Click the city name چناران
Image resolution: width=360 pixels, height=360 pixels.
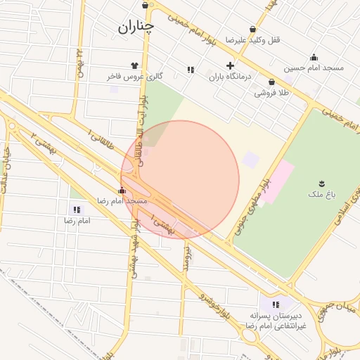click(135, 27)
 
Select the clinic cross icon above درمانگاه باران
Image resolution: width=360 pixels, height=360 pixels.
click(230, 65)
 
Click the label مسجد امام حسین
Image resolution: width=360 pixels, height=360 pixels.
click(314, 68)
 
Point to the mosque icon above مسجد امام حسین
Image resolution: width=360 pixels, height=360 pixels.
click(314, 58)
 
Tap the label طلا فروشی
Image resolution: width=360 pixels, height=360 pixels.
click(271, 92)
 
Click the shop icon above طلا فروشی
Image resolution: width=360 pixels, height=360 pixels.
click(271, 82)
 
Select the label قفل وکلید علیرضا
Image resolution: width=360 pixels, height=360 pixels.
click(252, 40)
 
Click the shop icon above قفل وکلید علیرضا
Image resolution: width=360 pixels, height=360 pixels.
click(252, 30)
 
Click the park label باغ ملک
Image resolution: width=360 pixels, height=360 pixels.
click(322, 192)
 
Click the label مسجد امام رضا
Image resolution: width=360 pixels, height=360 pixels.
click(122, 201)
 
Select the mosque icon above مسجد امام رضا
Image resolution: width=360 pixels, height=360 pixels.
click(122, 191)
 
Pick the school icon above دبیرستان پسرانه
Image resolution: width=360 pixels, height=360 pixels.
click(276, 304)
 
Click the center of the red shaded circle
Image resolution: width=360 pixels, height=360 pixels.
click(180, 180)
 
